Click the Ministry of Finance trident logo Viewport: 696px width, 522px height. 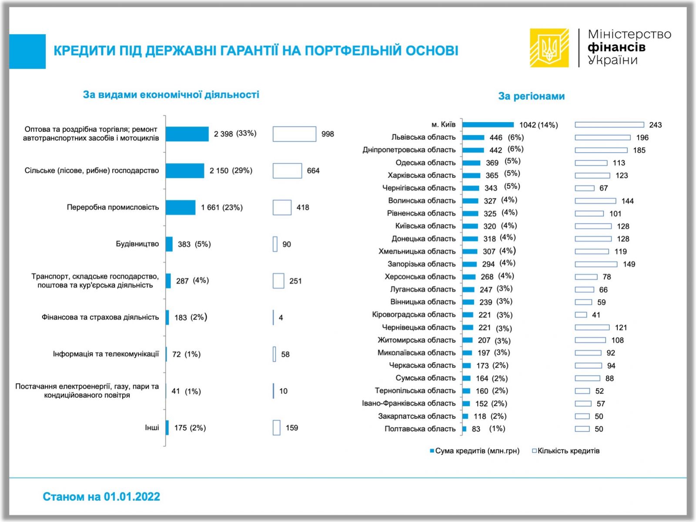[549, 48]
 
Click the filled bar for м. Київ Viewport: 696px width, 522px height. [488, 125]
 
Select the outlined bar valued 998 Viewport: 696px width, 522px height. [294, 134]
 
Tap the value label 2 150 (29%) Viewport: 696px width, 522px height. [231, 171]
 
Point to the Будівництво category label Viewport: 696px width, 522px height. [137, 244]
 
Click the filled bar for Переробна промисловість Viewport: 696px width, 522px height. [181, 207]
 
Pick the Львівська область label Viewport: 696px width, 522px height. [423, 137]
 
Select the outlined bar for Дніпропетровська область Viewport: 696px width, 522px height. [601, 150]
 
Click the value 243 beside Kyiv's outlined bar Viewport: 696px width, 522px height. [655, 125]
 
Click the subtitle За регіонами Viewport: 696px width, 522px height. [531, 96]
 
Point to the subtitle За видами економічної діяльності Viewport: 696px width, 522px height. [171, 94]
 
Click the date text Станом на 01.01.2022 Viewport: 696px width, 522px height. [101, 496]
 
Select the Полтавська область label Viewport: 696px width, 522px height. [420, 429]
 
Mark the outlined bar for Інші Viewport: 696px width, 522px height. [277, 428]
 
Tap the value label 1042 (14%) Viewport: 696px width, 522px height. [539, 125]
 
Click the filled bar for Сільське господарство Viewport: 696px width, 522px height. [185, 171]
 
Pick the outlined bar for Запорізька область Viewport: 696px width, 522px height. [596, 264]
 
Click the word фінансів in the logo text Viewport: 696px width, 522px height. [616, 47]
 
